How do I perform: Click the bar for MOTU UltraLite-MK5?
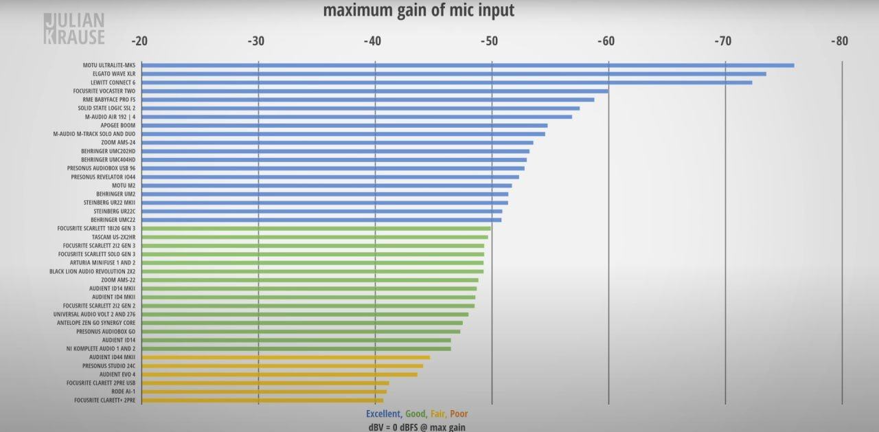467,65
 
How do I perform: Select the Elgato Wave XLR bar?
453,73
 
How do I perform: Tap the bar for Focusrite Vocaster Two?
374,91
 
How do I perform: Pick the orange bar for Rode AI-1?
264,391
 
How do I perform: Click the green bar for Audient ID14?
296,340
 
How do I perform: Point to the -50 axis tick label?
489,41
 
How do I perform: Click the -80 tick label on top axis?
839,41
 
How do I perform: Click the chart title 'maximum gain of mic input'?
418,10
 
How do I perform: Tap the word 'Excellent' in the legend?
383,414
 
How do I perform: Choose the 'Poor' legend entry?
459,414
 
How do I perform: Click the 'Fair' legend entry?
437,414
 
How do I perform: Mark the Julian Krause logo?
73,29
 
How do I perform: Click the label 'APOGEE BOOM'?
118,126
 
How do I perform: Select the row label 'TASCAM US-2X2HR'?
113,237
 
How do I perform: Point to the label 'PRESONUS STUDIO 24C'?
109,366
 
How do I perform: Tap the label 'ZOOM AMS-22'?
118,280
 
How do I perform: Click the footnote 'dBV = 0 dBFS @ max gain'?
417,427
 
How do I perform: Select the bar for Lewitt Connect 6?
446,82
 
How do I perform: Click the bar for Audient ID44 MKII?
285,357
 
